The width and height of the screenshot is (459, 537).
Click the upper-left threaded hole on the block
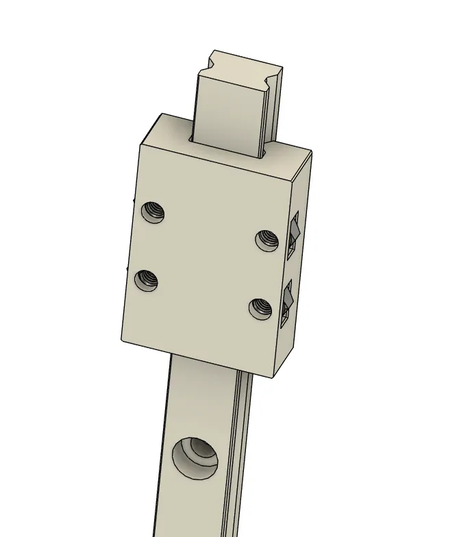click(153, 212)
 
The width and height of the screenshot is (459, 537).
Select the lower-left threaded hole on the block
click(147, 279)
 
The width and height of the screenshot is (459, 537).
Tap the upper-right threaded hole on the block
click(266, 240)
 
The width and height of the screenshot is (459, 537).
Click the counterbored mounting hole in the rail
click(194, 456)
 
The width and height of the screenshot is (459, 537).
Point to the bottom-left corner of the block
click(121, 340)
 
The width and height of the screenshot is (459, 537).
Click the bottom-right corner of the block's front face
click(275, 377)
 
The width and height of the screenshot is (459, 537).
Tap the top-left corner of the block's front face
click(140, 145)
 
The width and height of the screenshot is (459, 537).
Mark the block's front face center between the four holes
click(206, 260)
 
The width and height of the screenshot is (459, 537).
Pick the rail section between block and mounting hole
click(202, 397)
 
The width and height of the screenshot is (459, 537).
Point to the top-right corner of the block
click(312, 152)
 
